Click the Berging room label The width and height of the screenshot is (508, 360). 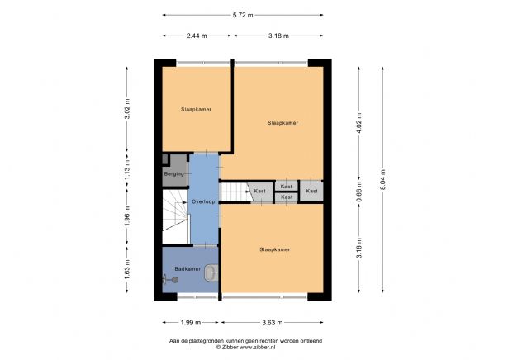pyautogui.click(x=173, y=175)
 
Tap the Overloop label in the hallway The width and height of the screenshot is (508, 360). pyautogui.click(x=203, y=201)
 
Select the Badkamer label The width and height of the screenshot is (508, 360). pyautogui.click(x=188, y=269)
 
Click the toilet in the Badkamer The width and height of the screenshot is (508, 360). pyautogui.click(x=212, y=272)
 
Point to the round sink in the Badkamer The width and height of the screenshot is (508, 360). pyautogui.click(x=173, y=280)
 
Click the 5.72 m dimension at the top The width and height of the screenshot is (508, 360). pyautogui.click(x=242, y=14)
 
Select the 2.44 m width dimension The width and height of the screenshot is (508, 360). pyautogui.click(x=196, y=36)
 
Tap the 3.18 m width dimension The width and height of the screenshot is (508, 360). pyautogui.click(x=278, y=36)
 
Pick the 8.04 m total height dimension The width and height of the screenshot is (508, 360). pyautogui.click(x=382, y=178)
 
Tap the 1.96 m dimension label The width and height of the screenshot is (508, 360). pyautogui.click(x=127, y=216)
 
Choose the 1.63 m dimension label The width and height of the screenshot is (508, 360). pyautogui.click(x=127, y=270)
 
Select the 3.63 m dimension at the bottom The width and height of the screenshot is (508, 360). pyautogui.click(x=270, y=323)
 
